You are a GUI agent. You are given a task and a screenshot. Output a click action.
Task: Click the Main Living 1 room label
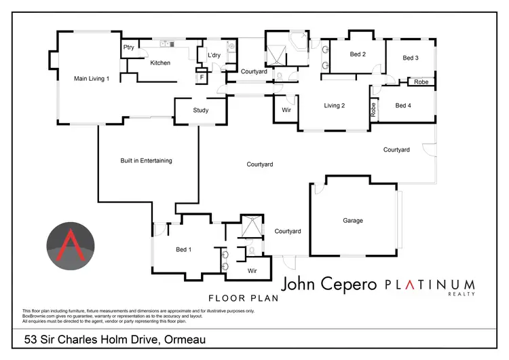click(92, 79)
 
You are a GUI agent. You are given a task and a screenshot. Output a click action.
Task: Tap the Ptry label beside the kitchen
click(128, 48)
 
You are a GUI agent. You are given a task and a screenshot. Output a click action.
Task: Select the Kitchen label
click(160, 63)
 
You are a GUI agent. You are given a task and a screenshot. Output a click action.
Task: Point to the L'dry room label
click(206, 54)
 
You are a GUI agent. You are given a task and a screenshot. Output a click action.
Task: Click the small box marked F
click(201, 78)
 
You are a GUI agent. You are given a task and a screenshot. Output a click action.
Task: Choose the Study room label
click(200, 110)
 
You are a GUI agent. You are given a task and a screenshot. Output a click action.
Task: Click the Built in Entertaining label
click(146, 161)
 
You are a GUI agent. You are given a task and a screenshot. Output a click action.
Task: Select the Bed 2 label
click(358, 54)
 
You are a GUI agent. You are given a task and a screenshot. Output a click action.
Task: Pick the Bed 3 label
click(411, 58)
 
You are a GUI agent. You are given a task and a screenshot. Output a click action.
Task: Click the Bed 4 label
click(403, 105)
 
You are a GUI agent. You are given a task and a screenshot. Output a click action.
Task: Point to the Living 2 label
click(335, 105)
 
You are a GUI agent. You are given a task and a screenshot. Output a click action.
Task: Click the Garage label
click(353, 221)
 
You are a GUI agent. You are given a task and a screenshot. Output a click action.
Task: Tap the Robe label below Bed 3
click(421, 82)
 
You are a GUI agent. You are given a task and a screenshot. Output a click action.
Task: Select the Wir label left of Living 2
click(286, 109)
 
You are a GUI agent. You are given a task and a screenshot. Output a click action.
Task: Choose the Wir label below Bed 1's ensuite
click(252, 271)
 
